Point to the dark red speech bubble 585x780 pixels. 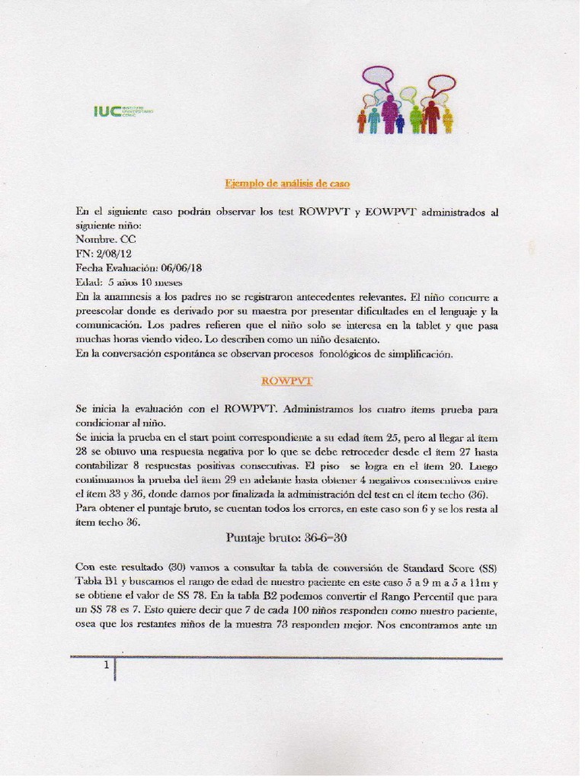click(x=440, y=85)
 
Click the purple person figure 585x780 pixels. click(x=389, y=114)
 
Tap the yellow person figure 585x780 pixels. click(x=447, y=120)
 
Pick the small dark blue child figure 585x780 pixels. click(x=400, y=123)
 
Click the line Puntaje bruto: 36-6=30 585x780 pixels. click(x=286, y=537)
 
